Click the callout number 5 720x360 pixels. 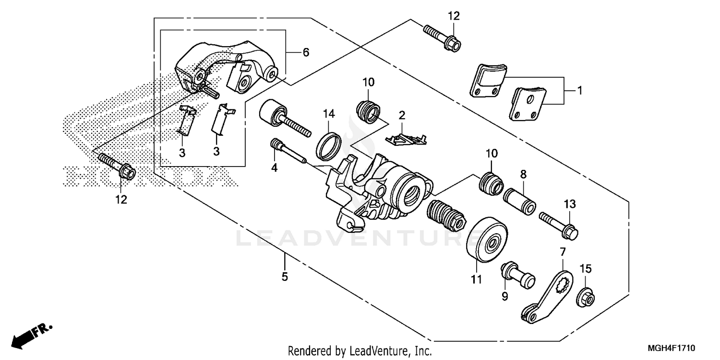click(x=285, y=277)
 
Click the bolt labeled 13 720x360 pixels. click(x=559, y=226)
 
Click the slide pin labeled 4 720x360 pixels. click(x=288, y=152)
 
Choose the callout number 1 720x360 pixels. click(x=579, y=90)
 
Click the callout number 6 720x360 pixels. click(x=305, y=53)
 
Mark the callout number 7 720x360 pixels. click(x=563, y=252)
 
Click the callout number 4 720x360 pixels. click(x=275, y=168)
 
